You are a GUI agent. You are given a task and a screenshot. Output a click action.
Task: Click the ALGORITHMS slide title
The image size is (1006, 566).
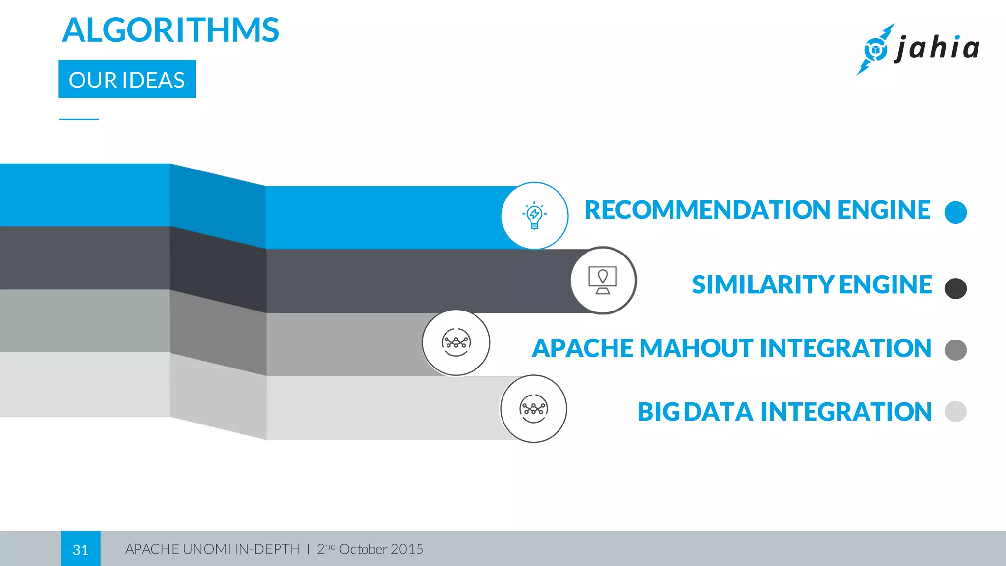pyautogui.click(x=170, y=30)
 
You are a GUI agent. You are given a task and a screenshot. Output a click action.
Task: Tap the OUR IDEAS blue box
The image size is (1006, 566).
pyautogui.click(x=127, y=80)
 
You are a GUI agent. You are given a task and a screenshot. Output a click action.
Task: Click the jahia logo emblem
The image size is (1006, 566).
pyautogui.click(x=875, y=49)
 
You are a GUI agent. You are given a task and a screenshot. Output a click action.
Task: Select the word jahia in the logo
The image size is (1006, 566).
pyautogui.click(x=937, y=48)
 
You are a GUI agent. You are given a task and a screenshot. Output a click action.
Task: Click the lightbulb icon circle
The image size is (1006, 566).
pyautogui.click(x=534, y=216)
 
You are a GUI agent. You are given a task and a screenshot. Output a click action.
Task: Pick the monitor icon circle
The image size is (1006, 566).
pyautogui.click(x=603, y=281)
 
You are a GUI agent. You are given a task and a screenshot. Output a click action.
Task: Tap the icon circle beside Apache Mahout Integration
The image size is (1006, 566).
pyautogui.click(x=456, y=342)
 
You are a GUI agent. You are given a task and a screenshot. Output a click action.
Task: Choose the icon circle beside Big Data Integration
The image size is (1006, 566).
pyautogui.click(x=533, y=409)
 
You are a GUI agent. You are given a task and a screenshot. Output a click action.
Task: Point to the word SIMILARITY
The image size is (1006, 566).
pyautogui.click(x=763, y=285)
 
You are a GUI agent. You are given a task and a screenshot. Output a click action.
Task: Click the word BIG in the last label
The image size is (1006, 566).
pyautogui.click(x=658, y=412)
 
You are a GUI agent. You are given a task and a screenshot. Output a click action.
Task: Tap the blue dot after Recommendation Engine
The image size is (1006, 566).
pyautogui.click(x=955, y=212)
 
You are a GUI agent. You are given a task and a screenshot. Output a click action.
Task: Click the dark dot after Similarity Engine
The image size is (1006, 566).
pyautogui.click(x=955, y=288)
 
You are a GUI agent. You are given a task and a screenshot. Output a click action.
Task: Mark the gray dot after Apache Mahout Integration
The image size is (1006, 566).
pyautogui.click(x=955, y=350)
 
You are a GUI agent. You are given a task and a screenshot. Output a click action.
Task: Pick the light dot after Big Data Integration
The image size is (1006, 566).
pyautogui.click(x=955, y=412)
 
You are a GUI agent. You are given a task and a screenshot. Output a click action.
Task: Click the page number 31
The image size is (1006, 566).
pyautogui.click(x=81, y=549)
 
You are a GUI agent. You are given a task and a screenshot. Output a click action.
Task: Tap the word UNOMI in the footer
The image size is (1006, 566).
pyautogui.click(x=206, y=549)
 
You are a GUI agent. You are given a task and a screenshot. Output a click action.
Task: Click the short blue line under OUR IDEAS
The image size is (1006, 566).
pyautogui.click(x=79, y=119)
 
